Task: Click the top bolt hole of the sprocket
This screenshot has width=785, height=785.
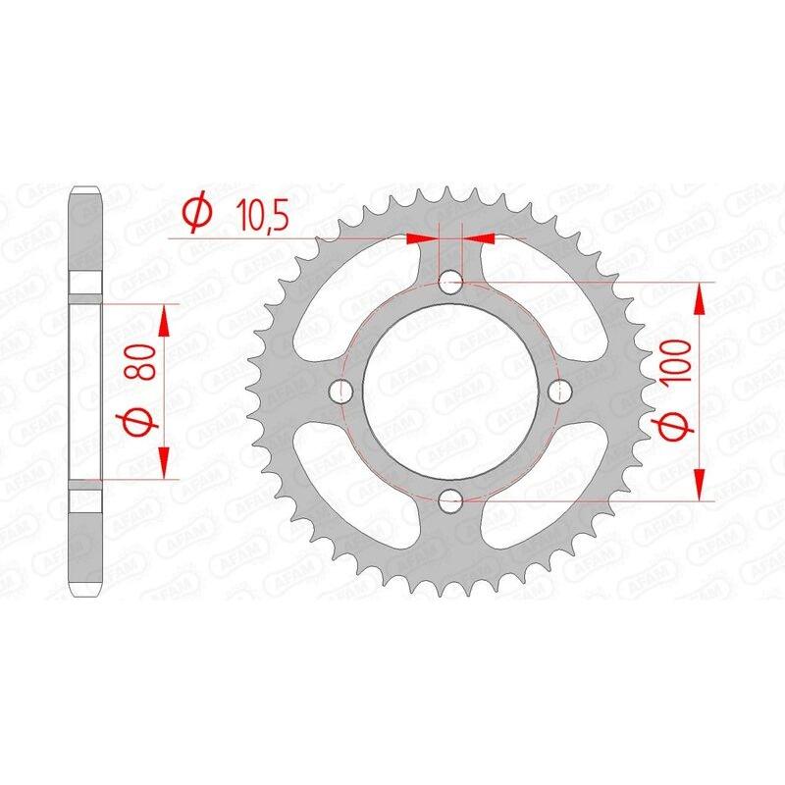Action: click(451, 283)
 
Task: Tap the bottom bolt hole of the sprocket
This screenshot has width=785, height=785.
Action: click(451, 502)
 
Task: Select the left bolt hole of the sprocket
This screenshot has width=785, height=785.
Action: click(342, 392)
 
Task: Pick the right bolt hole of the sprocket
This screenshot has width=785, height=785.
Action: click(560, 392)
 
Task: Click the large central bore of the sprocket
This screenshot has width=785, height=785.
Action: click(451, 392)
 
